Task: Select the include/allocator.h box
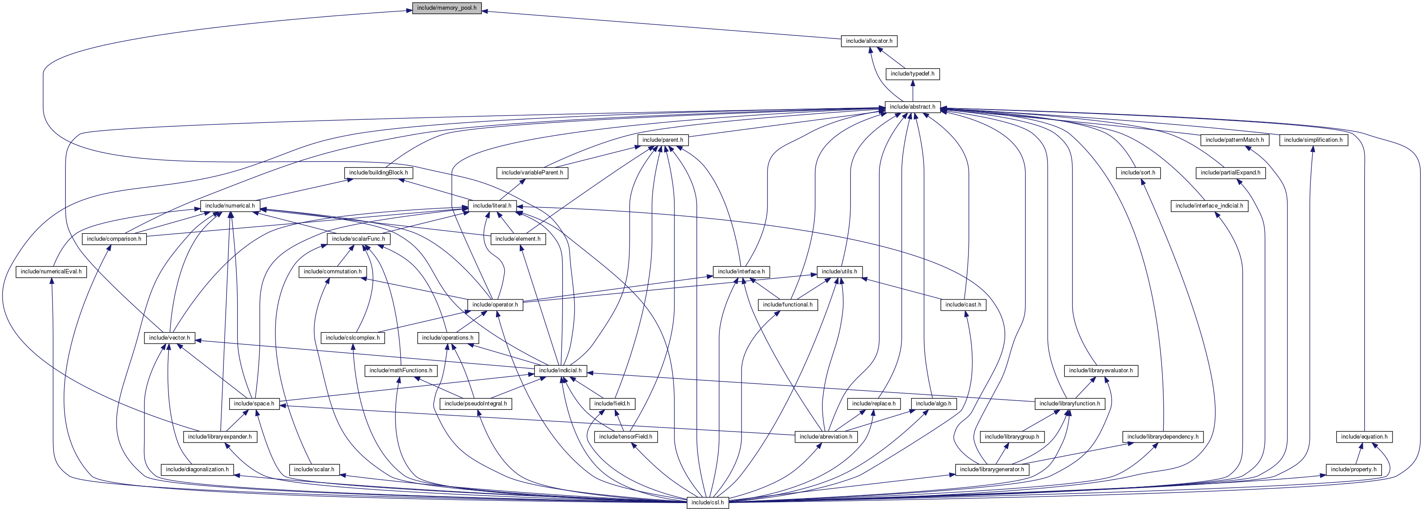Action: (869, 42)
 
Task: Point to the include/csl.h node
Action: (708, 503)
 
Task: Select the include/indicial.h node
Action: (560, 371)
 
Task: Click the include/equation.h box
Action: (1364, 437)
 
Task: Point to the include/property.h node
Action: (1353, 469)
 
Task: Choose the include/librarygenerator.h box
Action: (992, 469)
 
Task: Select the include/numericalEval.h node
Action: (51, 272)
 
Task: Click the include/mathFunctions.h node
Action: (401, 371)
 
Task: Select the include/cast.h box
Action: (963, 305)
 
